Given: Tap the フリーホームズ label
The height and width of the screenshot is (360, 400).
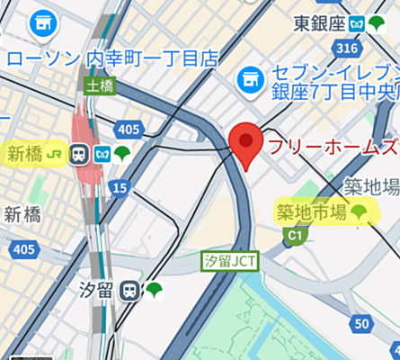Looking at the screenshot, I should (333, 147).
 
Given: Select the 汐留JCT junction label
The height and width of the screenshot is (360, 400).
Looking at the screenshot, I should (228, 260).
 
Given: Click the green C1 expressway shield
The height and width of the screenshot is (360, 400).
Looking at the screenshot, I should (293, 236).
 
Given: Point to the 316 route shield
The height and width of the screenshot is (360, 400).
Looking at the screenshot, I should (351, 47).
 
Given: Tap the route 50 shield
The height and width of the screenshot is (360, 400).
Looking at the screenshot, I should (362, 324).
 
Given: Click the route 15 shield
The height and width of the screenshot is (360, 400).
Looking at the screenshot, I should (120, 187).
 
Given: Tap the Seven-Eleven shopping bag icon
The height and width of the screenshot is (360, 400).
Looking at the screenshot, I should (249, 82).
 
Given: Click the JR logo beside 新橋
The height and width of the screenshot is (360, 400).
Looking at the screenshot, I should (56, 154).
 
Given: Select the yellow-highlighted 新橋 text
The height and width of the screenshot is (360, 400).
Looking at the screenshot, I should (25, 154).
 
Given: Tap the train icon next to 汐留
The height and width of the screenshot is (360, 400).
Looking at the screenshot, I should (132, 290).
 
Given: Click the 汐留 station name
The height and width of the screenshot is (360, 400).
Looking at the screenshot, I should (98, 290).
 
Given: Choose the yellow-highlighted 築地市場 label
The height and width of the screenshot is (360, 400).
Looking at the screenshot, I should (311, 212).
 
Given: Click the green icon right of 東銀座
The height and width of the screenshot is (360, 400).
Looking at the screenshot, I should (378, 23).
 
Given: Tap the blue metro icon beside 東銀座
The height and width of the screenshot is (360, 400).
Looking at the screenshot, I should (357, 23).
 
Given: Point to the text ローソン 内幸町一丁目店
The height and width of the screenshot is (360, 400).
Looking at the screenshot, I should (113, 59).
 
